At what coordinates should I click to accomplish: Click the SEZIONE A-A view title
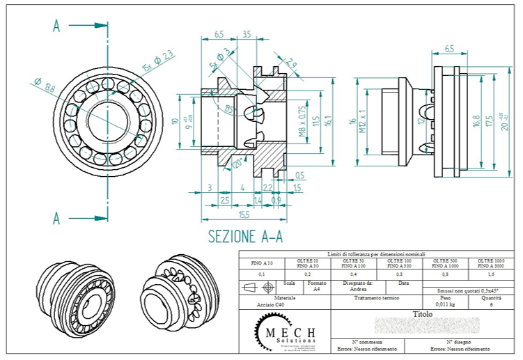245,236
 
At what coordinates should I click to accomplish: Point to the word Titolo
423,314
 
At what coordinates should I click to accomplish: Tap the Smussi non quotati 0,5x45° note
454,290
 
